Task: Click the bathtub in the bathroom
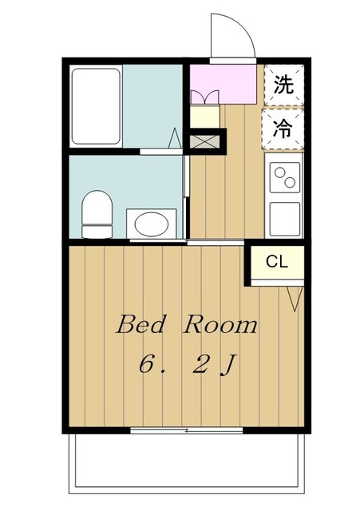[95, 106]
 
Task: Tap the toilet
[97, 213]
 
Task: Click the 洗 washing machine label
[283, 85]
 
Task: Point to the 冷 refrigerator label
[283, 126]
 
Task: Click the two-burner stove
[284, 177]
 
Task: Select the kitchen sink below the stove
[284, 217]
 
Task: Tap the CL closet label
[277, 261]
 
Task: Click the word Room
[221, 324]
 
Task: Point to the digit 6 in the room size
[147, 364]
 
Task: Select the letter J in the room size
[227, 365]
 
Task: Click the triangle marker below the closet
[294, 299]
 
